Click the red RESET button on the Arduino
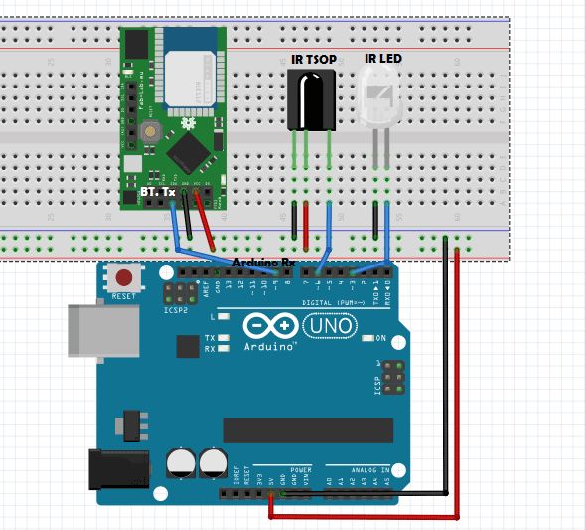click(124, 277)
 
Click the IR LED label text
click(383, 60)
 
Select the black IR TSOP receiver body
click(310, 99)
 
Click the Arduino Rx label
click(263, 263)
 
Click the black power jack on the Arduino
click(118, 472)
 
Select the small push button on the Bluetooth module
click(151, 130)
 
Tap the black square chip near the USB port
click(187, 346)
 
